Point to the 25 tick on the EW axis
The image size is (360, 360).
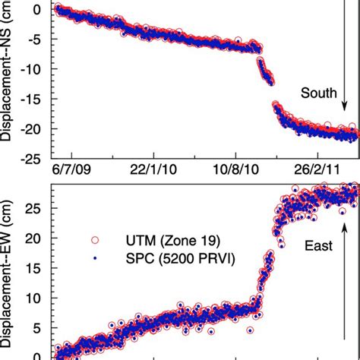pyautogui.click(x=36, y=207)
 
